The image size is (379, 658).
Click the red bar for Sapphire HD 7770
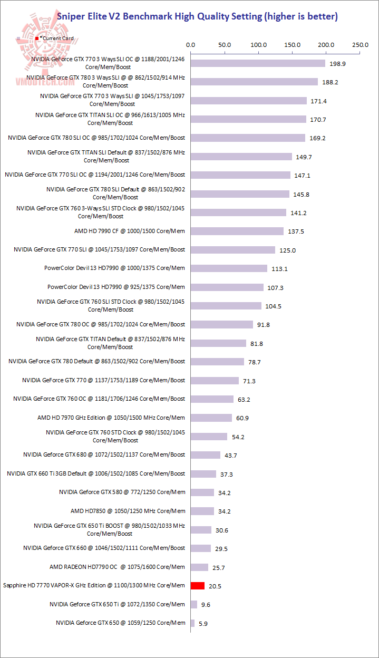click(x=197, y=586)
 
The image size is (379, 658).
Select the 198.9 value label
click(x=338, y=64)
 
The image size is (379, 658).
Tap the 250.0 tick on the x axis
click(x=361, y=45)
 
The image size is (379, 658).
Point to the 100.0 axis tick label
click(x=259, y=45)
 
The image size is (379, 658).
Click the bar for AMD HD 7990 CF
click(x=237, y=231)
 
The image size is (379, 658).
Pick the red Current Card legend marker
click(x=37, y=38)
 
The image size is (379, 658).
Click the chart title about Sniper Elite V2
click(x=197, y=16)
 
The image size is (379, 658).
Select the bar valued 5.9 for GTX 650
click(x=192, y=623)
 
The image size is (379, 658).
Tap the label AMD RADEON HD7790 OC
click(x=118, y=567)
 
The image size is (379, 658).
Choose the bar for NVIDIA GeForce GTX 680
click(x=206, y=454)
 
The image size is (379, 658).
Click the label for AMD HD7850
click(x=128, y=511)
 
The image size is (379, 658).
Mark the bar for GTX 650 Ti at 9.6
click(x=194, y=604)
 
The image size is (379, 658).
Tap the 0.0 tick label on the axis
click(x=191, y=45)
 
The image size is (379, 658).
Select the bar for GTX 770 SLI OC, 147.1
click(x=240, y=175)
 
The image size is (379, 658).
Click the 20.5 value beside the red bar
click(x=215, y=586)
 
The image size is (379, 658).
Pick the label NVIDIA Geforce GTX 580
click(x=122, y=492)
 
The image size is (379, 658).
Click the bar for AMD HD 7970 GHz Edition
click(x=211, y=418)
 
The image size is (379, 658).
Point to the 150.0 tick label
click(x=293, y=45)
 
